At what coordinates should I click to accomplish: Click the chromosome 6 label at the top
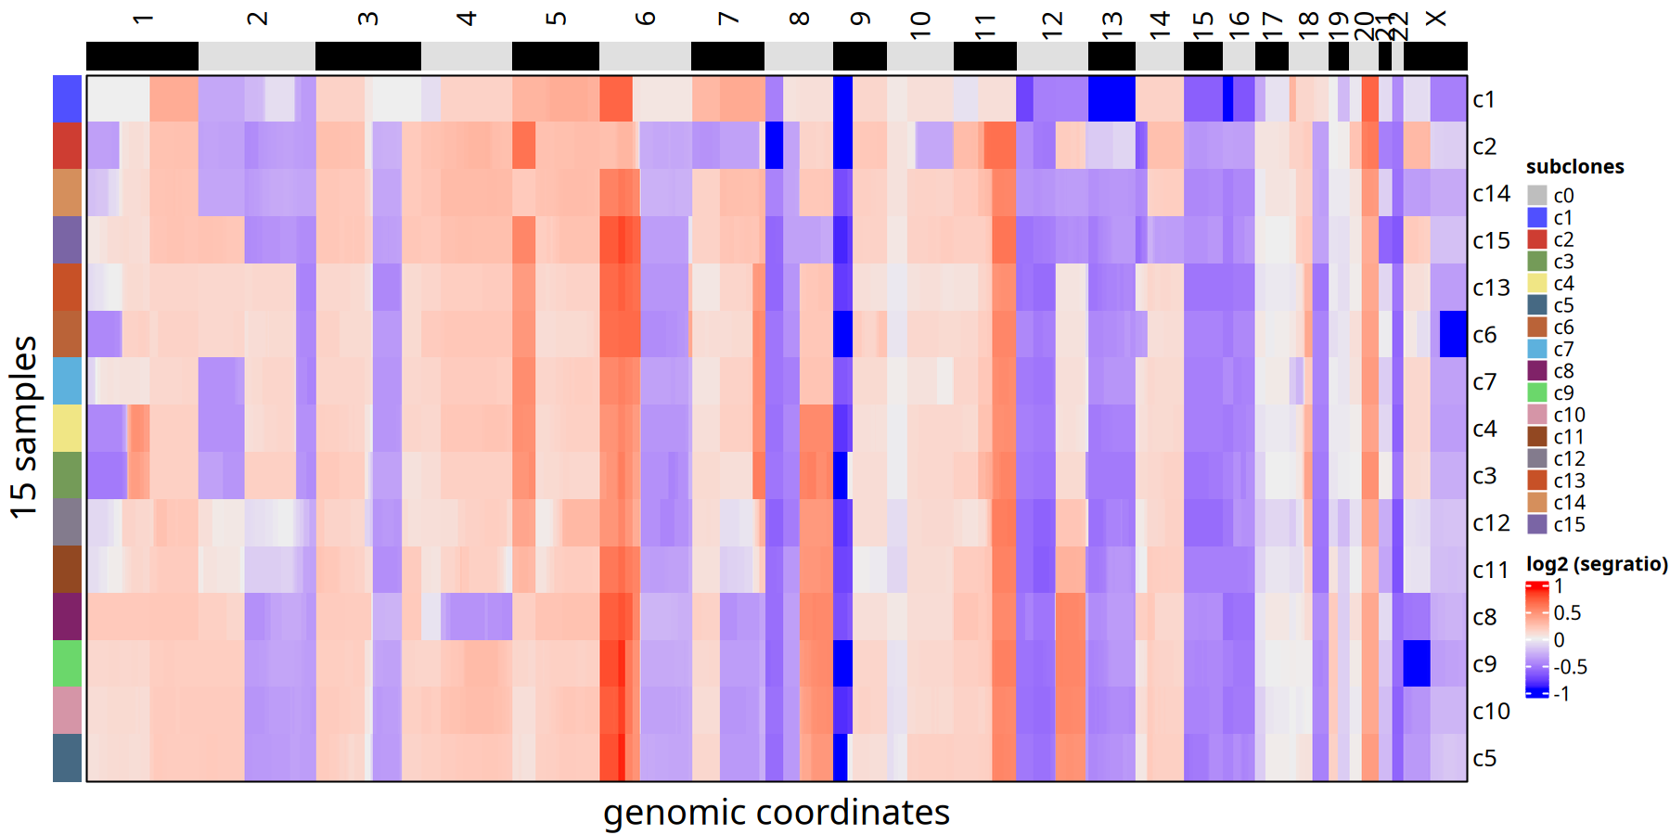[x=646, y=19]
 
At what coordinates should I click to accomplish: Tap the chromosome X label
[x=1435, y=19]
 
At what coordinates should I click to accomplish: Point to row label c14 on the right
[x=1491, y=194]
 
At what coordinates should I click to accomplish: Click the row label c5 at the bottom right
[x=1484, y=758]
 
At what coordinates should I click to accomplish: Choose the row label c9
[x=1484, y=664]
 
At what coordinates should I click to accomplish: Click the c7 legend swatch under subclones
[x=1537, y=349]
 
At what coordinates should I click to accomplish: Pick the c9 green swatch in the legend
[x=1537, y=393]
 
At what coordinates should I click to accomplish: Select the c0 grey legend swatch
[x=1537, y=196]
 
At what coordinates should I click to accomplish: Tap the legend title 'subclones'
[x=1574, y=167]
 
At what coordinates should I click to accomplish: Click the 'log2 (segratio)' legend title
[x=1597, y=564]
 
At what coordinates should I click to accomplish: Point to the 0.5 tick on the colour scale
[x=1567, y=613]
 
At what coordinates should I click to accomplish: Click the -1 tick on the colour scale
[x=1562, y=693]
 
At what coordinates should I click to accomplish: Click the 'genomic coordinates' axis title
[x=776, y=813]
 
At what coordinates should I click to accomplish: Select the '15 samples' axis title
[x=25, y=427]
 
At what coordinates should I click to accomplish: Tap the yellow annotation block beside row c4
[x=67, y=428]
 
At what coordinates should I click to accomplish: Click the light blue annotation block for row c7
[x=67, y=380]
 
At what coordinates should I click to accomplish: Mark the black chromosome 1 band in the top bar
[x=142, y=57]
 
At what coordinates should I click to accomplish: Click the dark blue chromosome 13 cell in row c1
[x=1111, y=98]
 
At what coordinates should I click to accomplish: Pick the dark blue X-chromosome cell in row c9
[x=1416, y=663]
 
